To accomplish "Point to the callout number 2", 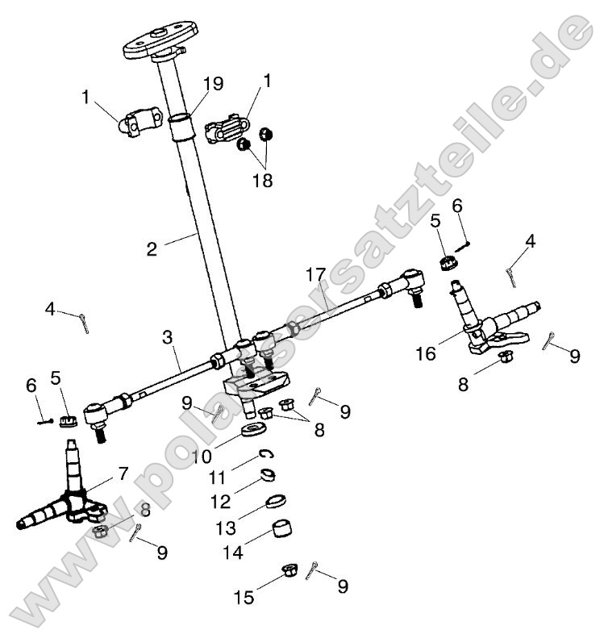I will point(152,248).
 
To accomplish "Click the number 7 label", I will point(123,473).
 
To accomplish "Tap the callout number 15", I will point(244,598).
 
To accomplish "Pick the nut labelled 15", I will point(289,573).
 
